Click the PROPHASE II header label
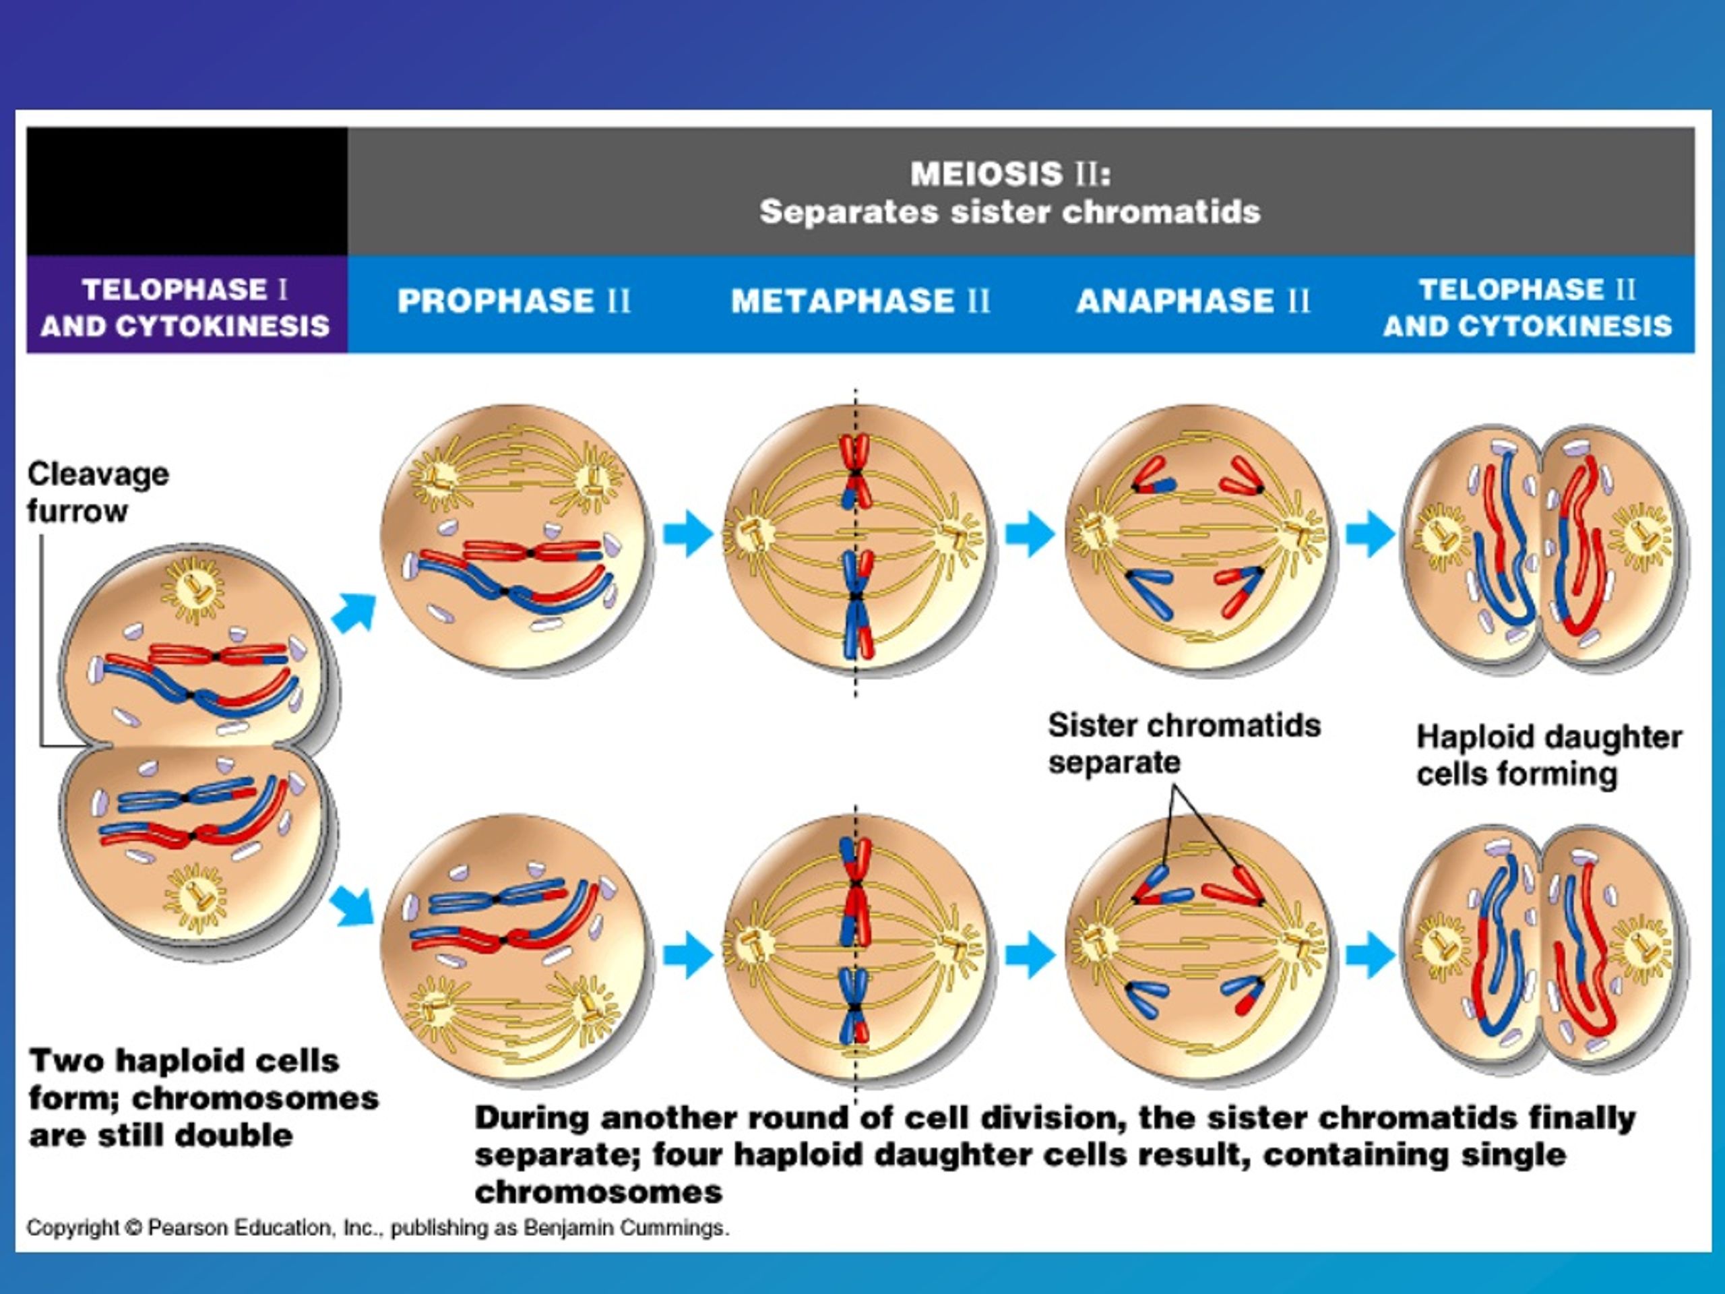point(514,301)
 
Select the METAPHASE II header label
point(861,301)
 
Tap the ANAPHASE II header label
point(1193,301)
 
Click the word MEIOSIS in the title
point(986,173)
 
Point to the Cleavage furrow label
point(98,492)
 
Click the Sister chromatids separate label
point(1184,743)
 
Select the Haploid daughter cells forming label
point(1548,755)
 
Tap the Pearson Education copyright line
point(378,1229)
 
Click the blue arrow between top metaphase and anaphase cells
point(1030,534)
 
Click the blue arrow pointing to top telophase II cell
point(1371,534)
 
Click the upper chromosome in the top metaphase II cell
point(856,471)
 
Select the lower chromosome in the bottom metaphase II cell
point(856,1006)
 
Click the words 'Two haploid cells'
point(184,1061)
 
